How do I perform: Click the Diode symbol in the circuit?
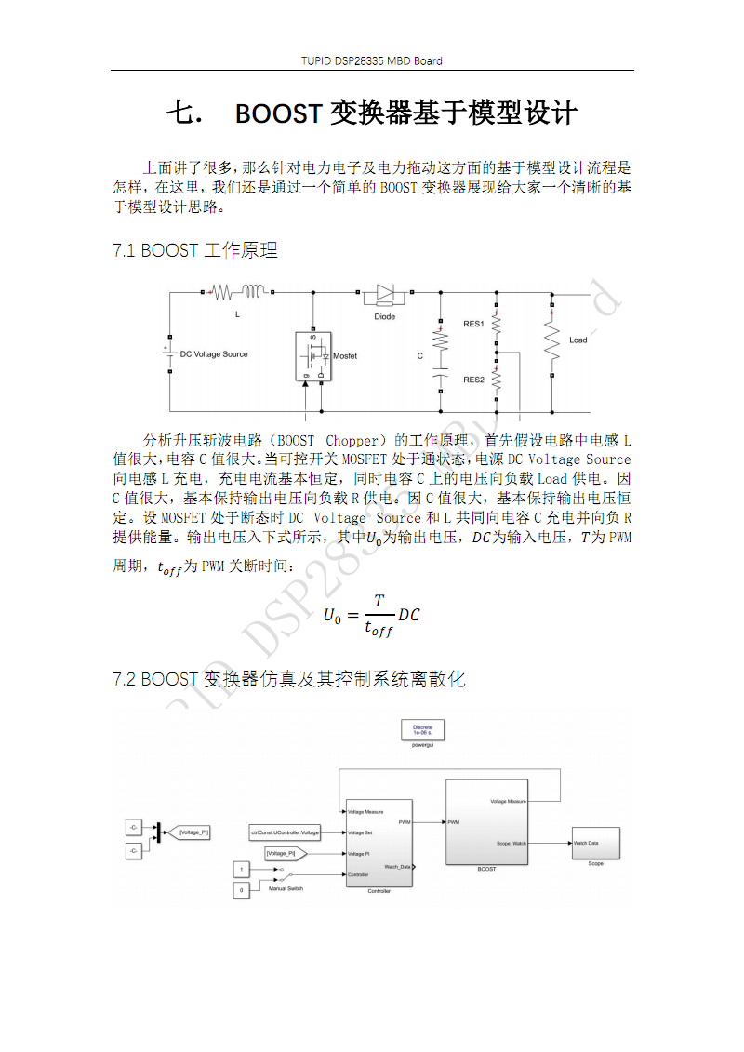pos(385,294)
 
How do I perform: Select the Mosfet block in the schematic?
pos(313,355)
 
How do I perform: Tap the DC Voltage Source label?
pos(214,354)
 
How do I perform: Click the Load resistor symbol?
pos(552,340)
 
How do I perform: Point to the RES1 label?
pos(473,324)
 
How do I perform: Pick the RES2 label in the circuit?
pos(473,380)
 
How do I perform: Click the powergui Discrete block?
pos(423,732)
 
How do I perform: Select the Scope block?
pos(595,843)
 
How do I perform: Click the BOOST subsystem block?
pos(486,822)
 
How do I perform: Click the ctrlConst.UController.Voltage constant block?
pos(286,832)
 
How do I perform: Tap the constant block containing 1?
pos(242,869)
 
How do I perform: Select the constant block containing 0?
pos(242,890)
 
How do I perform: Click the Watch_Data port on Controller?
pos(398,867)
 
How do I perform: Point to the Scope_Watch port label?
pos(511,844)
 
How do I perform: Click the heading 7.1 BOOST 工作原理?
pos(194,250)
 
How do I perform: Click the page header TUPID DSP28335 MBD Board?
pos(372,61)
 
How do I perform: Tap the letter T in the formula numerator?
pos(379,600)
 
